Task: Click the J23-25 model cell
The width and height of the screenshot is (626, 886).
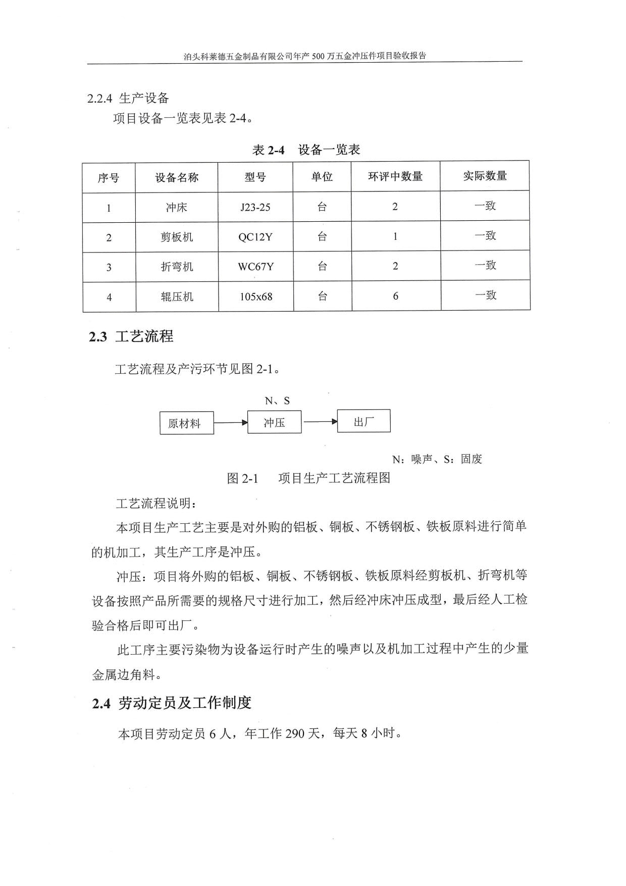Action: [255, 207]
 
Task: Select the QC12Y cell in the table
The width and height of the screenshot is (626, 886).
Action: [255, 237]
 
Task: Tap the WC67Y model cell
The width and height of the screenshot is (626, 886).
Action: [256, 267]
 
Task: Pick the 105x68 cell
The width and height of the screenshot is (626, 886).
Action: [256, 297]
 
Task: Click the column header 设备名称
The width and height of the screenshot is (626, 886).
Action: [177, 177]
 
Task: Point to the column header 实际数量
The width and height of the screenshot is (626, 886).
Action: [485, 176]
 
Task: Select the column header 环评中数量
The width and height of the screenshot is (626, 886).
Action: [395, 176]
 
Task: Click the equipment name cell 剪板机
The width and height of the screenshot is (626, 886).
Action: [177, 237]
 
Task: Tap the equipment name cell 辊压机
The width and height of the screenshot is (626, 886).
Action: [177, 297]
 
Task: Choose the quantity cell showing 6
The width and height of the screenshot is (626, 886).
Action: [396, 296]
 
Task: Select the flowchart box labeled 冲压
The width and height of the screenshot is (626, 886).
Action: [274, 422]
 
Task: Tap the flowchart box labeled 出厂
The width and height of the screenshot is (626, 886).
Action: [363, 421]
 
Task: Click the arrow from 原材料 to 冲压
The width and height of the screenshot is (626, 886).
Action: [231, 422]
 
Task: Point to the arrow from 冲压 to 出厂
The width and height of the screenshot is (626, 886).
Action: [320, 421]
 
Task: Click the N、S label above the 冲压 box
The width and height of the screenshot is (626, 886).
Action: [277, 401]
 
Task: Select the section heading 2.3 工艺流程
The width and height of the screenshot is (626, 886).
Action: [131, 336]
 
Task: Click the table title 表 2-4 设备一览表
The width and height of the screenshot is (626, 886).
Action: [306, 150]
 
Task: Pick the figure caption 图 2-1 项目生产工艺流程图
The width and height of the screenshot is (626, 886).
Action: [308, 478]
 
